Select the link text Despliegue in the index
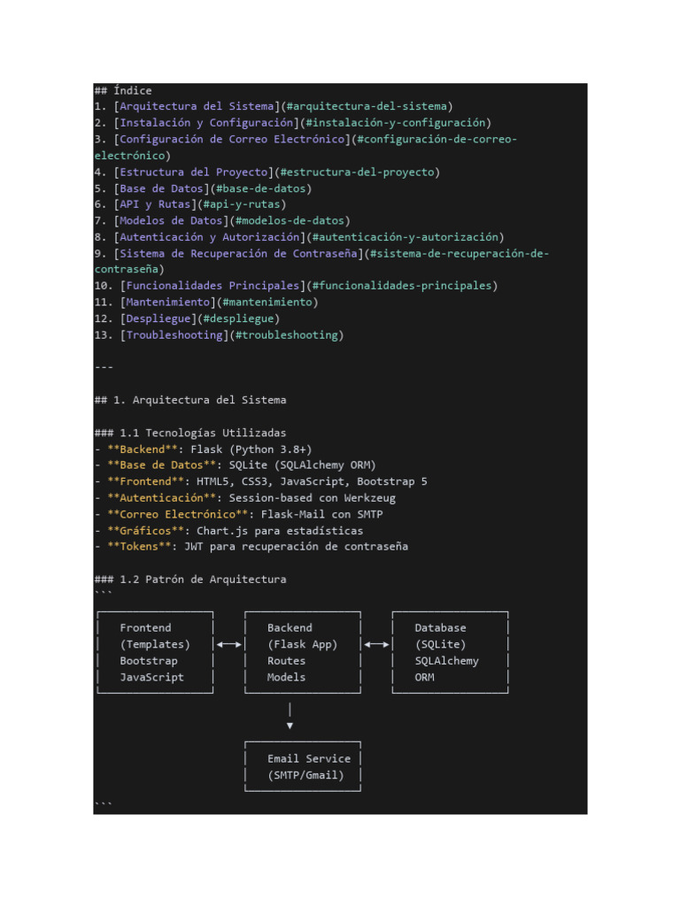[x=158, y=319]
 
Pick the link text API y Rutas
[x=155, y=204]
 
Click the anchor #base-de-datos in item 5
[x=261, y=188]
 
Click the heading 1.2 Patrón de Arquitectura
[x=190, y=580]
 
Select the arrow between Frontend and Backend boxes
[x=229, y=644]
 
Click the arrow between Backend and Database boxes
[x=376, y=644]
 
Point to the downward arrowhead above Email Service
[x=290, y=726]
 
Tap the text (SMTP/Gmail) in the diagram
[x=305, y=775]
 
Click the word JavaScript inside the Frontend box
[x=151, y=677]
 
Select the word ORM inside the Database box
[x=424, y=677]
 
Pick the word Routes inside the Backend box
[x=286, y=660]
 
